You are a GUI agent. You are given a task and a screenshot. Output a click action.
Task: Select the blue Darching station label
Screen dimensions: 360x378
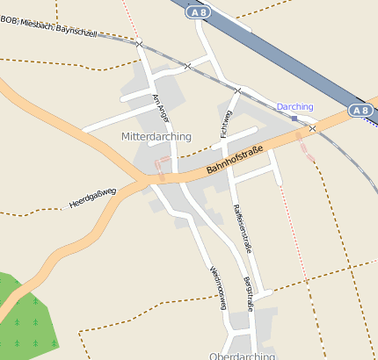294,106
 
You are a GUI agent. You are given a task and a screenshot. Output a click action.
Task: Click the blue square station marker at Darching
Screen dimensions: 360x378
294,117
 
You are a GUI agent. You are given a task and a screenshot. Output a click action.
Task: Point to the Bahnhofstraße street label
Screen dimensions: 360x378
235,159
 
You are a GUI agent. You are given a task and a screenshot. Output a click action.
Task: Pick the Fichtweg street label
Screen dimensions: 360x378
225,125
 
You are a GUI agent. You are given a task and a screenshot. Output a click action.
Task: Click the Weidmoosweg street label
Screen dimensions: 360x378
218,287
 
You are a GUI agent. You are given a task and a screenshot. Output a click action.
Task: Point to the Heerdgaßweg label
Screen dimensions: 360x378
92,199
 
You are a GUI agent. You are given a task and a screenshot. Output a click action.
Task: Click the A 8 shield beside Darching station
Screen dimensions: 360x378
360,111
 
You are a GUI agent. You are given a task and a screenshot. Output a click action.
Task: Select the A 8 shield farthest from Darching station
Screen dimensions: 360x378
198,13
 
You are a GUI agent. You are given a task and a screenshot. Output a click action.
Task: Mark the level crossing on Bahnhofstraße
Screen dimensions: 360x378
312,129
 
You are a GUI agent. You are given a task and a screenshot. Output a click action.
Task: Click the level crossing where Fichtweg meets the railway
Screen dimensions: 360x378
237,90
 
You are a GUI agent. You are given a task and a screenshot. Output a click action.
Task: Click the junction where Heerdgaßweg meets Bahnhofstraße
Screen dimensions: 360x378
143,179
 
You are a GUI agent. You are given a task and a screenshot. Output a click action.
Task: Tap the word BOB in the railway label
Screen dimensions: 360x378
9,19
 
